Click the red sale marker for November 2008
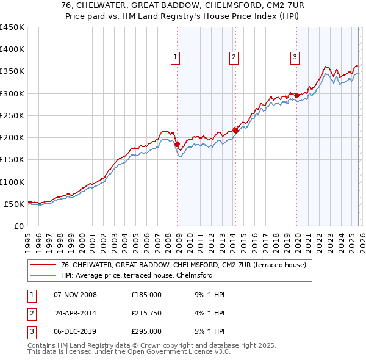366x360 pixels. click(178, 145)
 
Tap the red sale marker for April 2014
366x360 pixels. click(235, 131)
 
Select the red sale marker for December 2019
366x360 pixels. click(297, 95)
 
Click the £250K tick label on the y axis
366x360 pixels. click(12, 115)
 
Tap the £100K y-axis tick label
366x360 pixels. click(12, 182)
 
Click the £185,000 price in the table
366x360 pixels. click(146, 295)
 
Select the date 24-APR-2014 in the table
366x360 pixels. click(76, 313)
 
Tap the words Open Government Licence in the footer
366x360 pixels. click(179, 352)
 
